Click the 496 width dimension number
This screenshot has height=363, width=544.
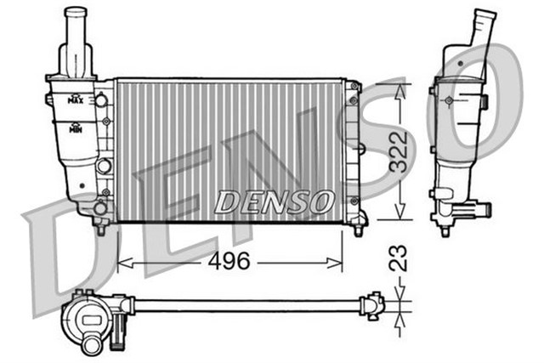[230, 261]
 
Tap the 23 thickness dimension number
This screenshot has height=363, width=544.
[400, 258]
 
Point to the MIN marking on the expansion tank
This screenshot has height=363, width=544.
[76, 129]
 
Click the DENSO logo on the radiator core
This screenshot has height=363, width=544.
[272, 201]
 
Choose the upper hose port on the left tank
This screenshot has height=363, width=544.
[102, 100]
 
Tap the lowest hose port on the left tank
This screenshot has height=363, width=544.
[100, 207]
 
